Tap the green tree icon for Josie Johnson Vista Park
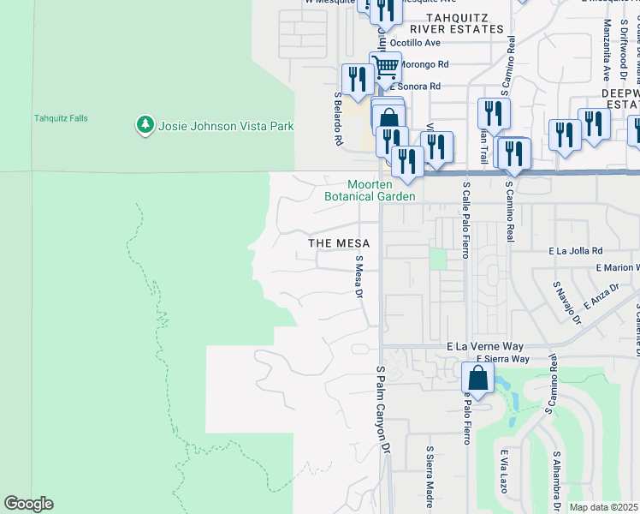click(x=145, y=125)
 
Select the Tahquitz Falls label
click(x=61, y=118)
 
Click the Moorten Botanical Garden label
click(x=370, y=190)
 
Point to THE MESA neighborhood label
click(x=339, y=243)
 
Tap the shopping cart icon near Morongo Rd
click(x=387, y=66)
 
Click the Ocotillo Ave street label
click(x=415, y=42)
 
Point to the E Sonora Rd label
click(x=414, y=87)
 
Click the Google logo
click(x=28, y=504)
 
